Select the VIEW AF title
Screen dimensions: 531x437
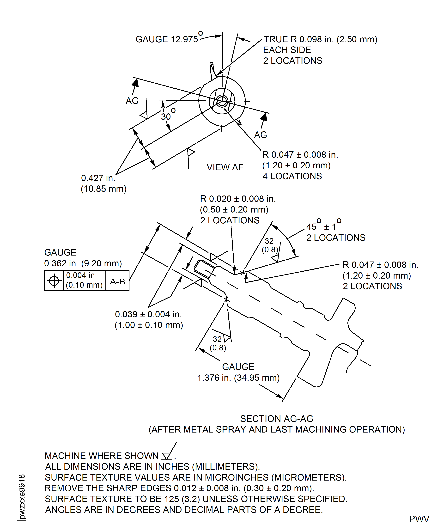point(225,167)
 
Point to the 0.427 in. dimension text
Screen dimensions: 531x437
point(98,178)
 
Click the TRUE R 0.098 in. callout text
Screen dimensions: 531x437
point(320,40)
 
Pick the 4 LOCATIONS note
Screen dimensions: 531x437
point(292,176)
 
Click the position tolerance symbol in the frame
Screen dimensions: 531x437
point(54,281)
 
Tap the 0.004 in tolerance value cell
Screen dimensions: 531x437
point(84,280)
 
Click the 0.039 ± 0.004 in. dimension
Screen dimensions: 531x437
point(149,314)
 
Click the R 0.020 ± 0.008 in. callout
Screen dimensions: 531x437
point(238,199)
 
